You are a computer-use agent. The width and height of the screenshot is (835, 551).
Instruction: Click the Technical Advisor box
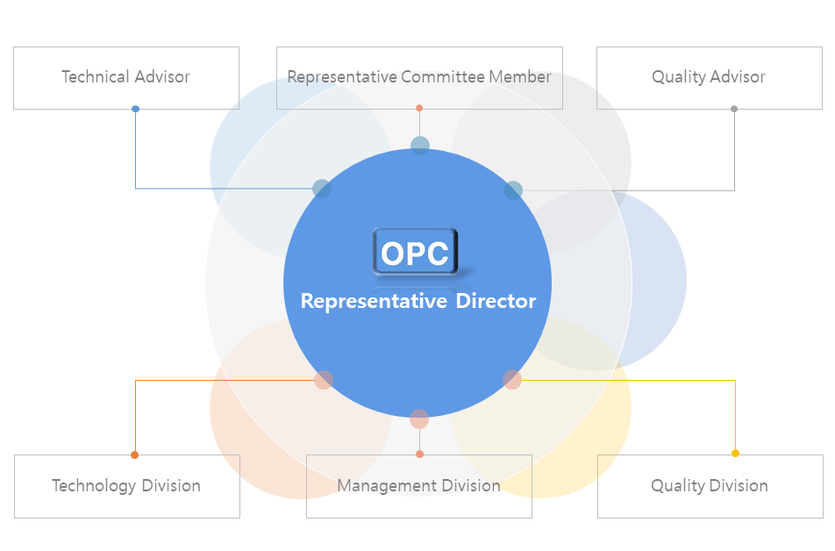point(126,78)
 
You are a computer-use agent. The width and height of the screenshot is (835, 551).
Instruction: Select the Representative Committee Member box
point(419,78)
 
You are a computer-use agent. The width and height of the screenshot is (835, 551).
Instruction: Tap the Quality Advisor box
point(710,78)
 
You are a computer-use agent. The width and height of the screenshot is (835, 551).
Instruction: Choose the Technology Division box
point(127,486)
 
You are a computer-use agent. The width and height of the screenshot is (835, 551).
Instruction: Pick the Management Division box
point(419,486)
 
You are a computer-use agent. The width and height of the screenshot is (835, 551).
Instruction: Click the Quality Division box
point(710,486)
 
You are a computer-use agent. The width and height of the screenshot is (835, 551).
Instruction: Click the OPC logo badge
point(416,252)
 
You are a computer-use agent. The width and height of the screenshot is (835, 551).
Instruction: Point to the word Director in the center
point(496,301)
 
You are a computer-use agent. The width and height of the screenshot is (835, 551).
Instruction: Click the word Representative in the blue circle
point(374,302)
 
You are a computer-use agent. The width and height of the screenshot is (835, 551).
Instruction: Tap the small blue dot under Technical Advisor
point(136,109)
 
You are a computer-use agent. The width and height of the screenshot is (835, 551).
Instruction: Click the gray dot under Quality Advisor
point(734,109)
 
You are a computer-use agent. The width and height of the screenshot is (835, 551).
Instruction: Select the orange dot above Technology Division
point(135,454)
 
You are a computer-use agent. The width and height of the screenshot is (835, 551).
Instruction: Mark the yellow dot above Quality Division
point(735,454)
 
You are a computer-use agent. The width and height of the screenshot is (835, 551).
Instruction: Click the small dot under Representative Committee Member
point(419,108)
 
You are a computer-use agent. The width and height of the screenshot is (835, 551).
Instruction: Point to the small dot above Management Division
point(419,454)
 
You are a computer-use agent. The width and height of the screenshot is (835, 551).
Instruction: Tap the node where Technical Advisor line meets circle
point(322,188)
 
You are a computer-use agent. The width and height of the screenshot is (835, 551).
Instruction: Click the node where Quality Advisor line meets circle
point(513,190)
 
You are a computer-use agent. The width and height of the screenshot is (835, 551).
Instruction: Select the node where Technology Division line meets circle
point(324,380)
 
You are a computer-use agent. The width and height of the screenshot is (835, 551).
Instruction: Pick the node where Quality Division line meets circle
point(512,379)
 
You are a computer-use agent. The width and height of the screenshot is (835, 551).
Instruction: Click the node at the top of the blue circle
point(420,146)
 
